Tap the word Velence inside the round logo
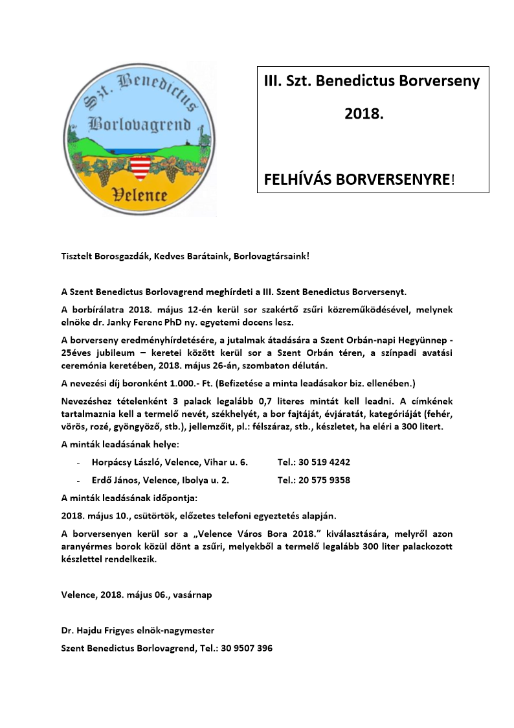click(140, 194)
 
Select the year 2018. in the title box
click(364, 114)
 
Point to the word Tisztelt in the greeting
click(77, 256)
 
